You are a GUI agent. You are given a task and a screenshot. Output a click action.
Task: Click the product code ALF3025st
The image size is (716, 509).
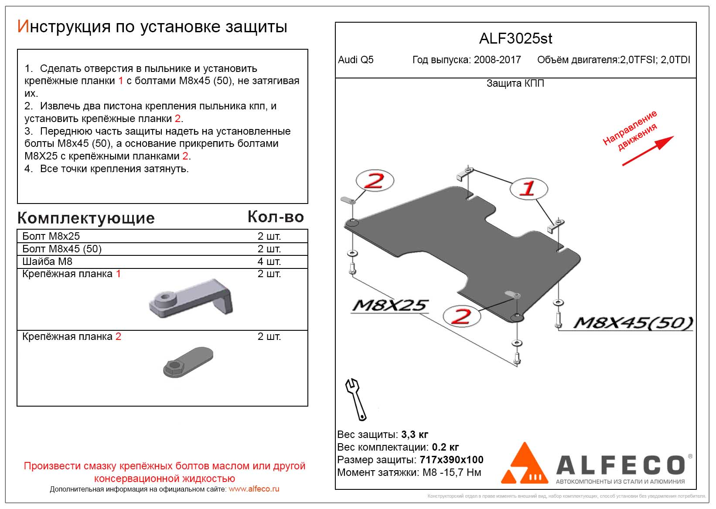[515, 39]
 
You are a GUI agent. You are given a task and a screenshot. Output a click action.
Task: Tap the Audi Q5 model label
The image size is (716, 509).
[356, 60]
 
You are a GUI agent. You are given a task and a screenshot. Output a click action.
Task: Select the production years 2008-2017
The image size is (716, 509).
[497, 60]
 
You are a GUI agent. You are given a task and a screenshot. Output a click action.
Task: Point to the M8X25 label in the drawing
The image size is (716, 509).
[390, 305]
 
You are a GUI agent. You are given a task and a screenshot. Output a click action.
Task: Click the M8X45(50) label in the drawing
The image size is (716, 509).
[633, 323]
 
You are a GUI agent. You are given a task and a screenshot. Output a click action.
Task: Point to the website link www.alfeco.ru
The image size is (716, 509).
[254, 489]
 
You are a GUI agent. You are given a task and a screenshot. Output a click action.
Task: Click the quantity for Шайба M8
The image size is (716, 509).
[269, 261]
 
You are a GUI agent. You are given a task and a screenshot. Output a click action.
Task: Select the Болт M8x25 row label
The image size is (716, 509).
[51, 236]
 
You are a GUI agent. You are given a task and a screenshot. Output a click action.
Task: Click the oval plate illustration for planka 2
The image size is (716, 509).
[188, 362]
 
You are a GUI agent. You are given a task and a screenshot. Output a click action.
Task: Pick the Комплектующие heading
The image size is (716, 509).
[86, 218]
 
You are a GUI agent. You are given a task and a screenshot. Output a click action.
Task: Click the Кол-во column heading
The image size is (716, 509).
[276, 217]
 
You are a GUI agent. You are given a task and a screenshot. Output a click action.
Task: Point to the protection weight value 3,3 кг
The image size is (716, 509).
[414, 434]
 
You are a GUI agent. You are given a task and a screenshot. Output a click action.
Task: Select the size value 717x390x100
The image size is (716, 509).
[451, 460]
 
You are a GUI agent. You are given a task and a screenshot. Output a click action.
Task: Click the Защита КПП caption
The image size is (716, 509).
[515, 83]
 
